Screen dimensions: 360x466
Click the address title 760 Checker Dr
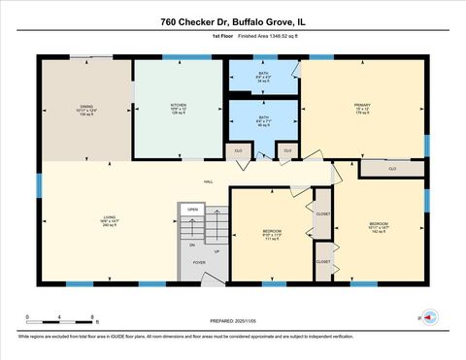[232, 20]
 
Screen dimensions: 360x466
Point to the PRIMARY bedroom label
[363, 107]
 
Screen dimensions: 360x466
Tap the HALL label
[208, 181]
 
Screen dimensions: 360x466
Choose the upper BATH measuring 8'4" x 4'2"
[262, 75]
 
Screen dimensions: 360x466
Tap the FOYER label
[199, 262]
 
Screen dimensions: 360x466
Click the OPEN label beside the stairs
[193, 209]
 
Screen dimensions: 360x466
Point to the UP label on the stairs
[216, 251]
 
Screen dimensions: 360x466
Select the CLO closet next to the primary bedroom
[392, 169]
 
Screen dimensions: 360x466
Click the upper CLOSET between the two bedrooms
[323, 214]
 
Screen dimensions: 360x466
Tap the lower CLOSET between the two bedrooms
[323, 261]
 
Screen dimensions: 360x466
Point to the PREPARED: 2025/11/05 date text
[233, 321]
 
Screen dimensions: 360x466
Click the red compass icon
[431, 315]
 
